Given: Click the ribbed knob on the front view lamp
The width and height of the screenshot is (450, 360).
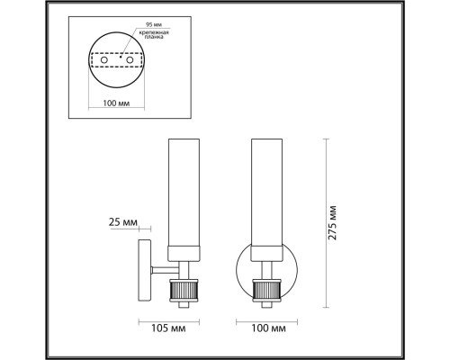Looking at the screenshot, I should [267, 292].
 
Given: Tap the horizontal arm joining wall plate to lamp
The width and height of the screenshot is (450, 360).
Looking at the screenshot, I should [163, 267].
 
